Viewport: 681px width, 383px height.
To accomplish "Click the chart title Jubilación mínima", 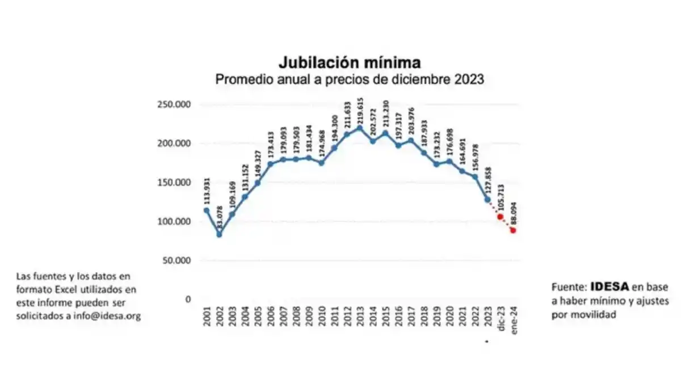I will pyautogui.click(x=348, y=62).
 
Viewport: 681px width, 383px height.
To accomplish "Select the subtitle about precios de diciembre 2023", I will pyautogui.click(x=349, y=79).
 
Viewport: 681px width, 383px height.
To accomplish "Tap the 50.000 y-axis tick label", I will pyautogui.click(x=175, y=260).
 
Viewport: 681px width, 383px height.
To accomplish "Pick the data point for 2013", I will pyautogui.click(x=359, y=128).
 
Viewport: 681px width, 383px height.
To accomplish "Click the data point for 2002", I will pyautogui.click(x=219, y=234).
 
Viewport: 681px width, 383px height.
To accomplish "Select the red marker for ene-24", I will pyautogui.click(x=513, y=230).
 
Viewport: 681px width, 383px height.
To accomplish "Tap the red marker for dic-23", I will pyautogui.click(x=500, y=217).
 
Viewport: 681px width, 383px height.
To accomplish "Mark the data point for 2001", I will pyautogui.click(x=206, y=211).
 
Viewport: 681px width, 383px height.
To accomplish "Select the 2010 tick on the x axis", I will pyautogui.click(x=321, y=318).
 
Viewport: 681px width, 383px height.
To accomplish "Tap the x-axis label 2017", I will pyautogui.click(x=410, y=318).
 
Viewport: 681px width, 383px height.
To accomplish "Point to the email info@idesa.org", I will pyautogui.click(x=107, y=316).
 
